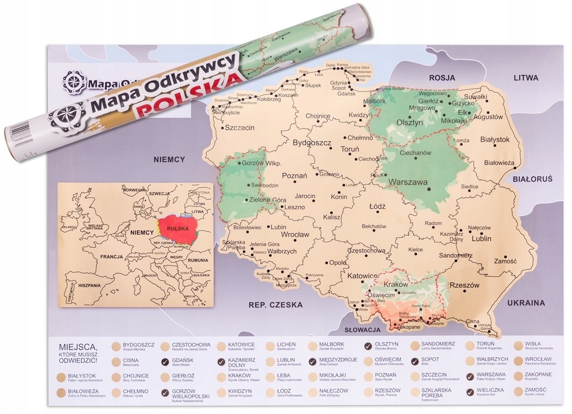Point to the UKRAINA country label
pyautogui.click(x=525, y=302)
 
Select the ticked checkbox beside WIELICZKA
pyautogui.click(x=470, y=393)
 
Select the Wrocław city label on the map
pyautogui.click(x=295, y=234)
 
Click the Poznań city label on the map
pyautogui.click(x=294, y=176)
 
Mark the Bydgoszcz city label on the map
pyautogui.click(x=312, y=143)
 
